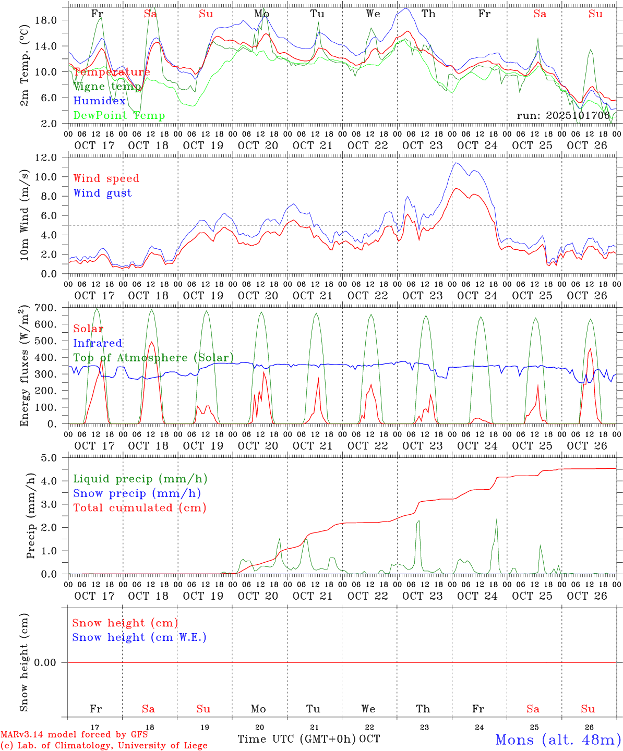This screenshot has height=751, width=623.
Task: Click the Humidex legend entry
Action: coord(99,101)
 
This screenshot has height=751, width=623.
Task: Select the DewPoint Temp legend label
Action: coord(119,116)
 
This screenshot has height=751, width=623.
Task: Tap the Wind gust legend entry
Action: coord(102,193)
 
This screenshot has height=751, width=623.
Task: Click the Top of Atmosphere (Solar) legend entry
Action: coord(153,358)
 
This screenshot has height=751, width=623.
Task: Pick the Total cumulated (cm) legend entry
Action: coord(139,507)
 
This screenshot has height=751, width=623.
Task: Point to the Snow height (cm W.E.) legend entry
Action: coord(139,637)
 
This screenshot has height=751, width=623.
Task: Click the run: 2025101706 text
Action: coord(563,116)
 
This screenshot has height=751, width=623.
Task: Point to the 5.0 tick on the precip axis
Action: coord(56,458)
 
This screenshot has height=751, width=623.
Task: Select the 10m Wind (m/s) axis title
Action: coord(24,215)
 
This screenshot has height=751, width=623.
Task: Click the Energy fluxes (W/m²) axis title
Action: coord(24,367)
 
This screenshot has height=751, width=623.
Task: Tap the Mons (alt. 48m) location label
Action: coord(558,740)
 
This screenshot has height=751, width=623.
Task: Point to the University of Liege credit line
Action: coord(104,746)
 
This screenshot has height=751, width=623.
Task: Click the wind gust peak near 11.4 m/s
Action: coord(456,163)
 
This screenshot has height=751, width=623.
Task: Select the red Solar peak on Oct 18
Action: coord(151,342)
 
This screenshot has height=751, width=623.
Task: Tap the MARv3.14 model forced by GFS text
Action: coord(74,735)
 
